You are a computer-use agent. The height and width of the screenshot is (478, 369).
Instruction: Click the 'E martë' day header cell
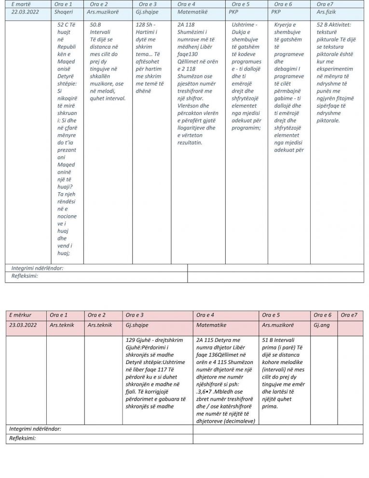(21, 4)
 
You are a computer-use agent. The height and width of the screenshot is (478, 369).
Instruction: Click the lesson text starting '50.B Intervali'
(108, 61)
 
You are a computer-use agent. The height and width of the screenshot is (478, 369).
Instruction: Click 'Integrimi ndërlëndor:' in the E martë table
(37, 268)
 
